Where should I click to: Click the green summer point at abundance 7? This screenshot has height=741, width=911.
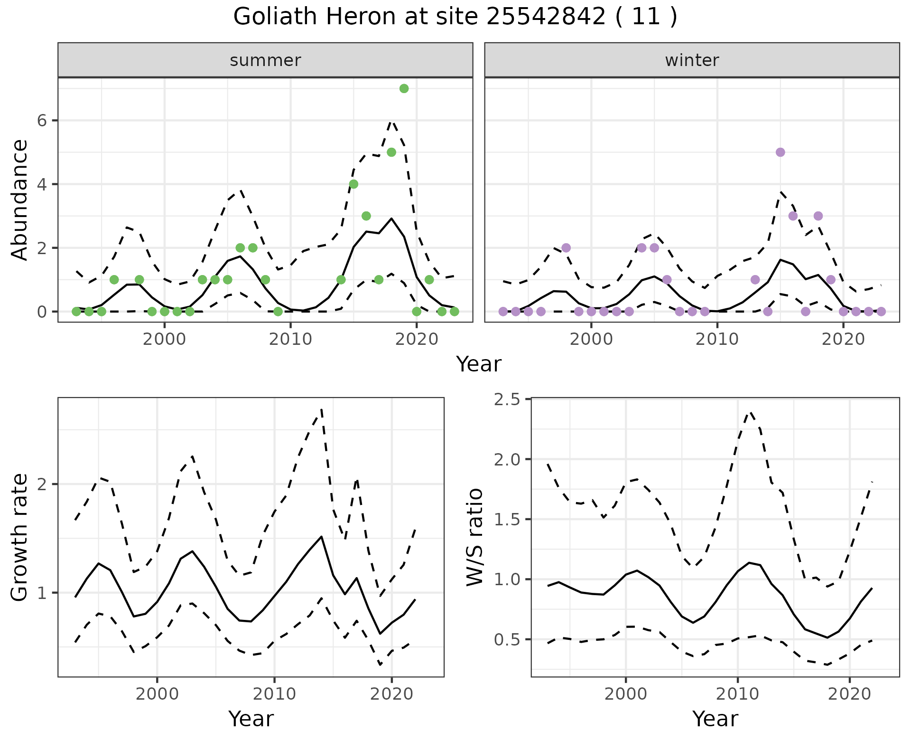pyautogui.click(x=404, y=88)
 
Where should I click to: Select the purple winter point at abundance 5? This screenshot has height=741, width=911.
pyautogui.click(x=780, y=152)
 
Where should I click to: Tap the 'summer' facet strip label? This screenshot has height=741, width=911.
pyautogui.click(x=265, y=60)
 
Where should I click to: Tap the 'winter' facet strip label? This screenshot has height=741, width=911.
pyautogui.click(x=692, y=60)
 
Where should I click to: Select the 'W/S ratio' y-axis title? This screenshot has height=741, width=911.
pyautogui.click(x=474, y=537)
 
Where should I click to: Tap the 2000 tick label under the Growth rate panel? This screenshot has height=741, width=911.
pyautogui.click(x=157, y=694)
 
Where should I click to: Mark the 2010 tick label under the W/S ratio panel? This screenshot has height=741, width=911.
pyautogui.click(x=737, y=694)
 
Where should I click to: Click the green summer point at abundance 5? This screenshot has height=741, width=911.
pyautogui.click(x=391, y=152)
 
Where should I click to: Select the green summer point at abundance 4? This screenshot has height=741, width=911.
pyautogui.click(x=353, y=184)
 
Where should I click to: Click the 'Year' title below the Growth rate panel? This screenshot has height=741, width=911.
pyautogui.click(x=251, y=719)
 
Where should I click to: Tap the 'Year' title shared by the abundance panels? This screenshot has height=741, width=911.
pyautogui.click(x=478, y=364)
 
